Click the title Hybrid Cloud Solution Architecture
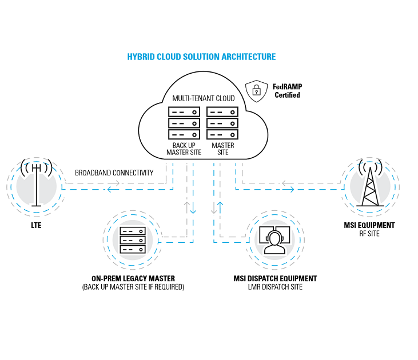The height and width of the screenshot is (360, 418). click(201, 57)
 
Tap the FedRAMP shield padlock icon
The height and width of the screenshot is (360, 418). click(256, 90)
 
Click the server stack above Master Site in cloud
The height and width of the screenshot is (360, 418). click(222, 123)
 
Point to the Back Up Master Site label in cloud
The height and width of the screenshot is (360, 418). click(184, 149)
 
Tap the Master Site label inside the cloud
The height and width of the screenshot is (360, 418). click(222, 149)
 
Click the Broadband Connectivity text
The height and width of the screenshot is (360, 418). click(114, 173)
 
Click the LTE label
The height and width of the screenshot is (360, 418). click(35, 226)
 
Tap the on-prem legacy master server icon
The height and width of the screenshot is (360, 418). click(133, 242)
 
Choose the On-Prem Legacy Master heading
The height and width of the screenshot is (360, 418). click(133, 278)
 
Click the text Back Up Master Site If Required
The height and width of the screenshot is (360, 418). click(133, 287)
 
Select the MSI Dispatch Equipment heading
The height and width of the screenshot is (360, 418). click(275, 278)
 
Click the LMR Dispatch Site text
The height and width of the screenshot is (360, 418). click(275, 287)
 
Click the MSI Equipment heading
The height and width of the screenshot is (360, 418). click(369, 225)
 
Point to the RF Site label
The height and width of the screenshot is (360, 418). click(369, 233)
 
